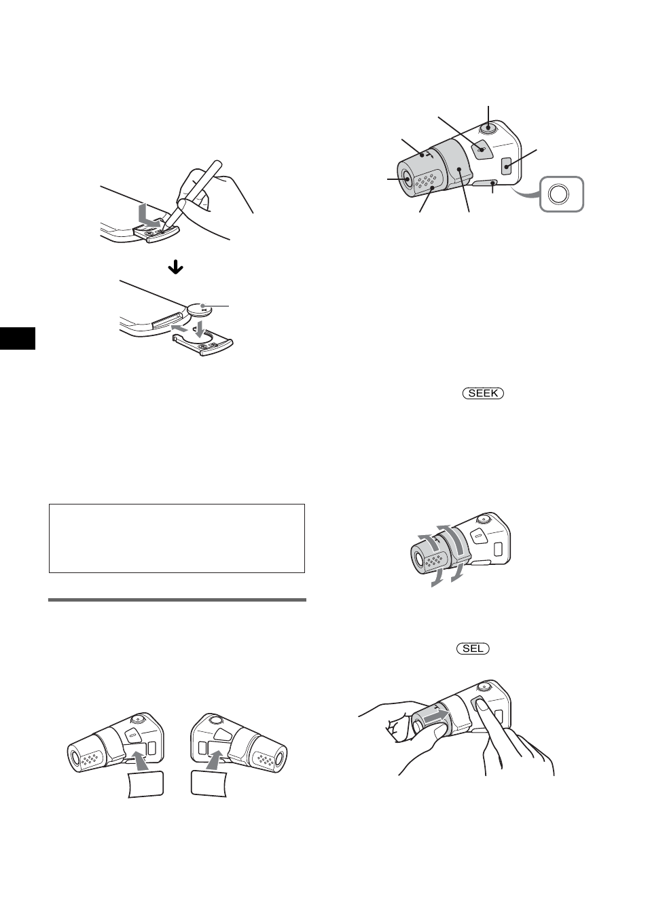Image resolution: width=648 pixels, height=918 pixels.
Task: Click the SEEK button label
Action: (484, 393)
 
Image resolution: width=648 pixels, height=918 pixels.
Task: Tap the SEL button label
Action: (473, 648)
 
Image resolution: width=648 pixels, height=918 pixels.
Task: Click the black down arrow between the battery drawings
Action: (175, 268)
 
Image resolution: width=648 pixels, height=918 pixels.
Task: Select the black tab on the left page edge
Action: (17, 337)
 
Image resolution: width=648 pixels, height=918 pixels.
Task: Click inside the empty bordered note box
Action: (177, 538)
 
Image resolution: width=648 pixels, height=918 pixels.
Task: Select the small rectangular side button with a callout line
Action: (507, 164)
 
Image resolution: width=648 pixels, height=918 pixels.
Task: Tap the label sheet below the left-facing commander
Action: (145, 784)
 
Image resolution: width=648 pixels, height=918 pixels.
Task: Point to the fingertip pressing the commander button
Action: (482, 706)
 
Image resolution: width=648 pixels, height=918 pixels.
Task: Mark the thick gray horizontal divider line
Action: (177, 600)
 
